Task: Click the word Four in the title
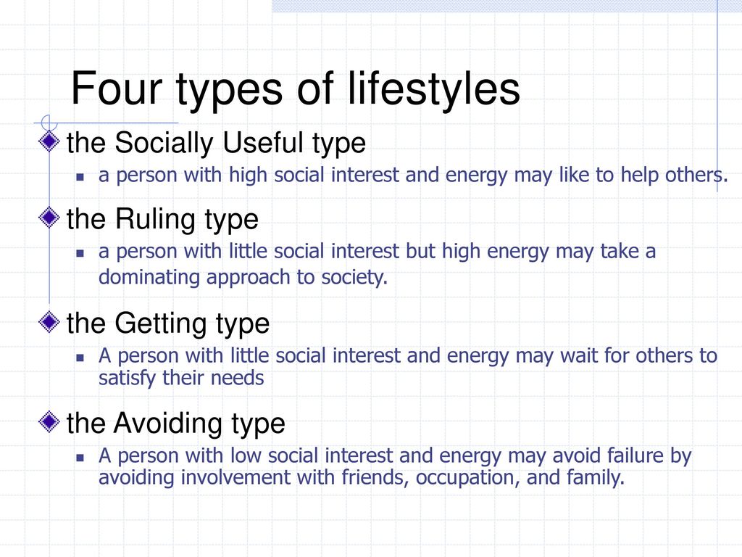[117, 88]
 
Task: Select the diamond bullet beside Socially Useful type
[49, 141]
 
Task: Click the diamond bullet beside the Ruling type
[49, 218]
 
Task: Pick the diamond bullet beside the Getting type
[49, 322]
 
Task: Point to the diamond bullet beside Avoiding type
[49, 421]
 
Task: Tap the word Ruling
[156, 220]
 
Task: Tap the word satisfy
[127, 378]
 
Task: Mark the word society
[354, 278]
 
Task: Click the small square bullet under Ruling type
[80, 253]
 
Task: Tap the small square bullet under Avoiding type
[80, 458]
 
